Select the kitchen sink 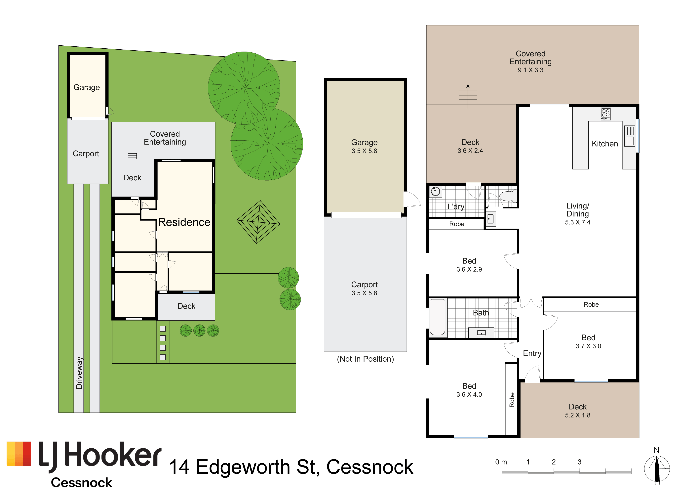[x=630, y=136]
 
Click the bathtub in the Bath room [x=438, y=317]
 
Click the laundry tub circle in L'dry [x=436, y=192]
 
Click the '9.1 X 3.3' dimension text [x=530, y=70]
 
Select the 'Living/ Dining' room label [x=578, y=210]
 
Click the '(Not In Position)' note [x=366, y=359]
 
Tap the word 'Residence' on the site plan [x=184, y=222]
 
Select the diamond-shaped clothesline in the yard [x=258, y=222]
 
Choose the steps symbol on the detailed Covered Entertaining [x=468, y=97]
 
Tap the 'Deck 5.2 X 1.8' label [x=578, y=411]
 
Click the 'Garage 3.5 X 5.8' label [x=365, y=146]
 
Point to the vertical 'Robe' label [x=512, y=400]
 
